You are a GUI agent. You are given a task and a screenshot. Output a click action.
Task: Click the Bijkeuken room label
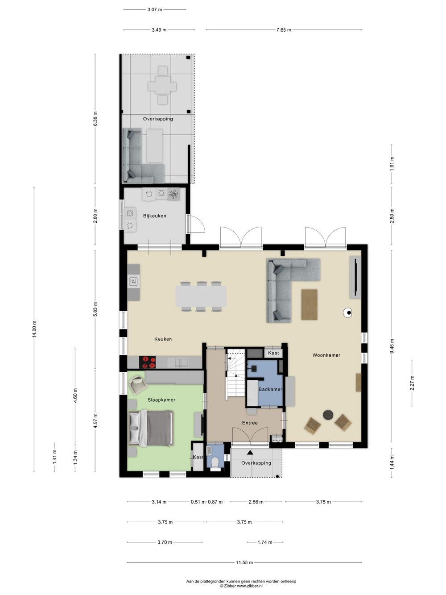155,216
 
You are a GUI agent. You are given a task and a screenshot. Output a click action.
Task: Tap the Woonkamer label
326,355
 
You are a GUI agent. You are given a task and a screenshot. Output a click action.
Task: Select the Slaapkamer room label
161,400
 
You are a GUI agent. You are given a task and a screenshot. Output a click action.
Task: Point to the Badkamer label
270,389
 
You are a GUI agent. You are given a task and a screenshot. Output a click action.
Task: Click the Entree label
250,423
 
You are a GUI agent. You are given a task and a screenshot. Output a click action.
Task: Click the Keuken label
163,339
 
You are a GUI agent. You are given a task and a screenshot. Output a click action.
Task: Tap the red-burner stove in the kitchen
147,362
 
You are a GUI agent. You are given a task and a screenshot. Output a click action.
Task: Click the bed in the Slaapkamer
151,428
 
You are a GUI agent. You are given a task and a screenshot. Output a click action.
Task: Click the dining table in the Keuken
201,296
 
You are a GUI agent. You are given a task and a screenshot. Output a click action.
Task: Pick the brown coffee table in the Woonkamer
309,305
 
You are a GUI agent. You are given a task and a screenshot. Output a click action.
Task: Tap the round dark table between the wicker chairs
328,415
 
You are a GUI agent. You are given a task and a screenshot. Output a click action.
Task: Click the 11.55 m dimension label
244,562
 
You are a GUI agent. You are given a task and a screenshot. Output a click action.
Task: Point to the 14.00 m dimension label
34,329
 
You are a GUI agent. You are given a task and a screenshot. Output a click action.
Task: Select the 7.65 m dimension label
284,30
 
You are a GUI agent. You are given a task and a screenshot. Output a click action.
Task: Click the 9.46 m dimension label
392,346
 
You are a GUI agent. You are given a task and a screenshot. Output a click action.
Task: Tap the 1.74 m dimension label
265,542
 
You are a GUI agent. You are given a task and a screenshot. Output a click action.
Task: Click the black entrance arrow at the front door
250,452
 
